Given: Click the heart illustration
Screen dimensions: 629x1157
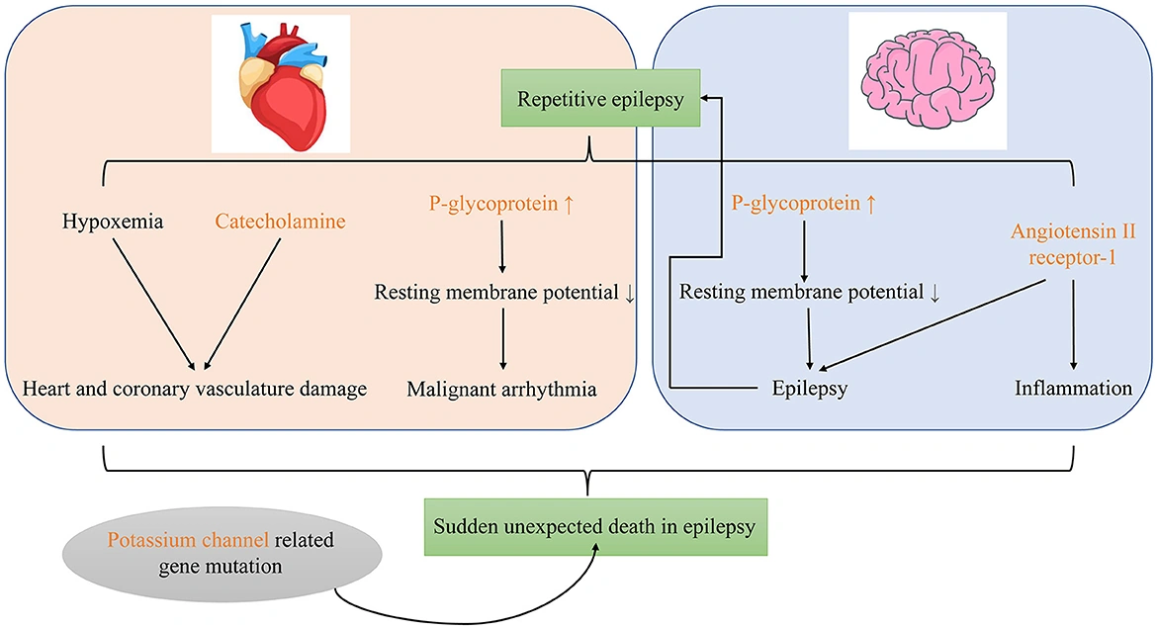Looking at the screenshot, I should (280, 83).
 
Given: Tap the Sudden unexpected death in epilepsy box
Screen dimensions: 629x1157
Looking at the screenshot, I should (590, 525).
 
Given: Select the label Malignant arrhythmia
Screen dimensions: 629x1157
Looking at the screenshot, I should (501, 389).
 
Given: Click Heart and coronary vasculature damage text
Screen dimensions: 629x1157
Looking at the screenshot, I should (195, 389).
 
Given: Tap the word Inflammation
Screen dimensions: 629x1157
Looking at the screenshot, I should (1073, 389).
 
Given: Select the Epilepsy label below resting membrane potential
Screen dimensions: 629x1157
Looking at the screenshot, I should (810, 389).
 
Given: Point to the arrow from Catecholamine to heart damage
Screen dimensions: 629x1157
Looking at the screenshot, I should (239, 302).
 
